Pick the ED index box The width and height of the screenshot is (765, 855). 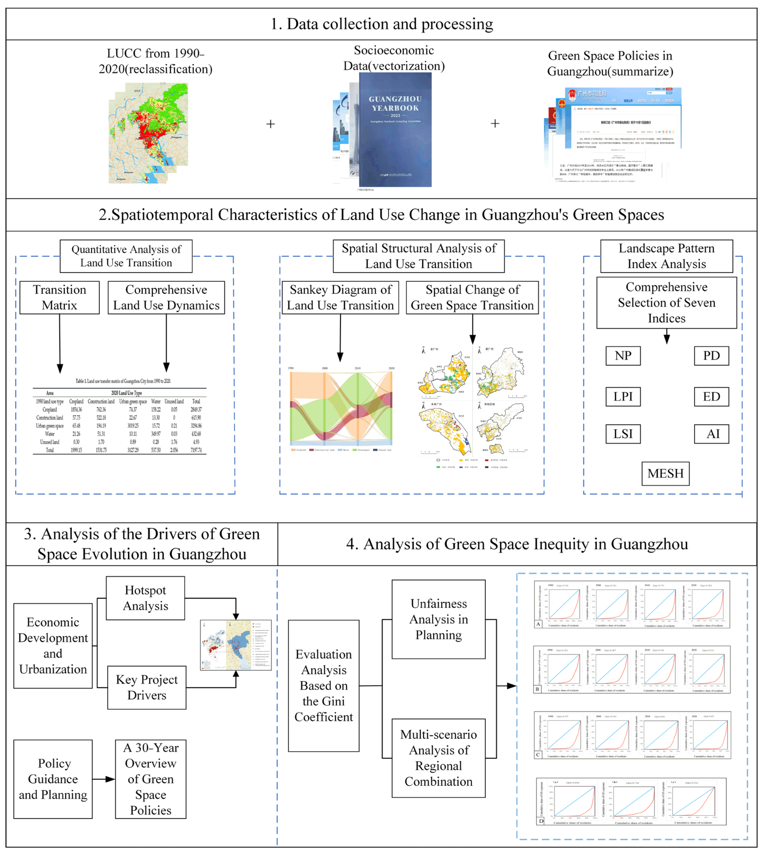[711, 397]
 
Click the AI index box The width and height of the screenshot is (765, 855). [711, 434]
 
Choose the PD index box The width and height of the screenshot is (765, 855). [711, 356]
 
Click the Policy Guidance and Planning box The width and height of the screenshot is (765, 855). [53, 779]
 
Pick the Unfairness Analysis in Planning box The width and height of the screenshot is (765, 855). [438, 619]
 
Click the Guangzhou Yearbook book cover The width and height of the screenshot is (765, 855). [395, 130]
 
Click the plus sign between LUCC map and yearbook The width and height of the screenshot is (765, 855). [271, 124]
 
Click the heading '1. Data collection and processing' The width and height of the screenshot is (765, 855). [382, 24]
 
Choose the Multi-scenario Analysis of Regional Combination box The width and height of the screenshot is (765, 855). [438, 758]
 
